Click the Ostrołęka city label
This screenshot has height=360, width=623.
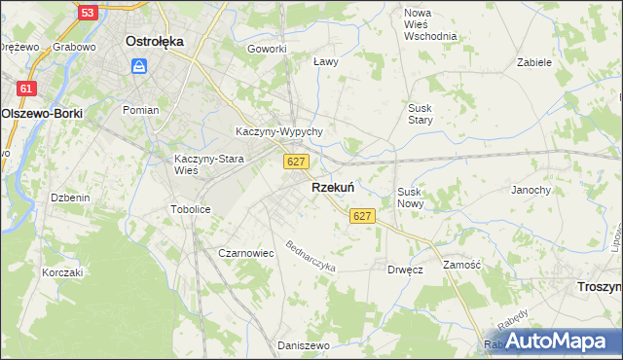(156, 42)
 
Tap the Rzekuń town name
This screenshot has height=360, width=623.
(332, 188)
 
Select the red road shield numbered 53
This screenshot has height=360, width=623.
(88, 13)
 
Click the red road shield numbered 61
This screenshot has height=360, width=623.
(27, 89)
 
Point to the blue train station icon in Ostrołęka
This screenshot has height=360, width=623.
(139, 66)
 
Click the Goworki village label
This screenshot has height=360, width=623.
(267, 49)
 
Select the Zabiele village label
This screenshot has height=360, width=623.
(534, 61)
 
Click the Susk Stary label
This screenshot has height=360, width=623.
(421, 114)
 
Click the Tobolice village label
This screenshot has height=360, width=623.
(191, 209)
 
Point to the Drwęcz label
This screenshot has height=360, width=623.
(405, 270)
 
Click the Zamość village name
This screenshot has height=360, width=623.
(463, 265)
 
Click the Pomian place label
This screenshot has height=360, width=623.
(140, 110)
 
